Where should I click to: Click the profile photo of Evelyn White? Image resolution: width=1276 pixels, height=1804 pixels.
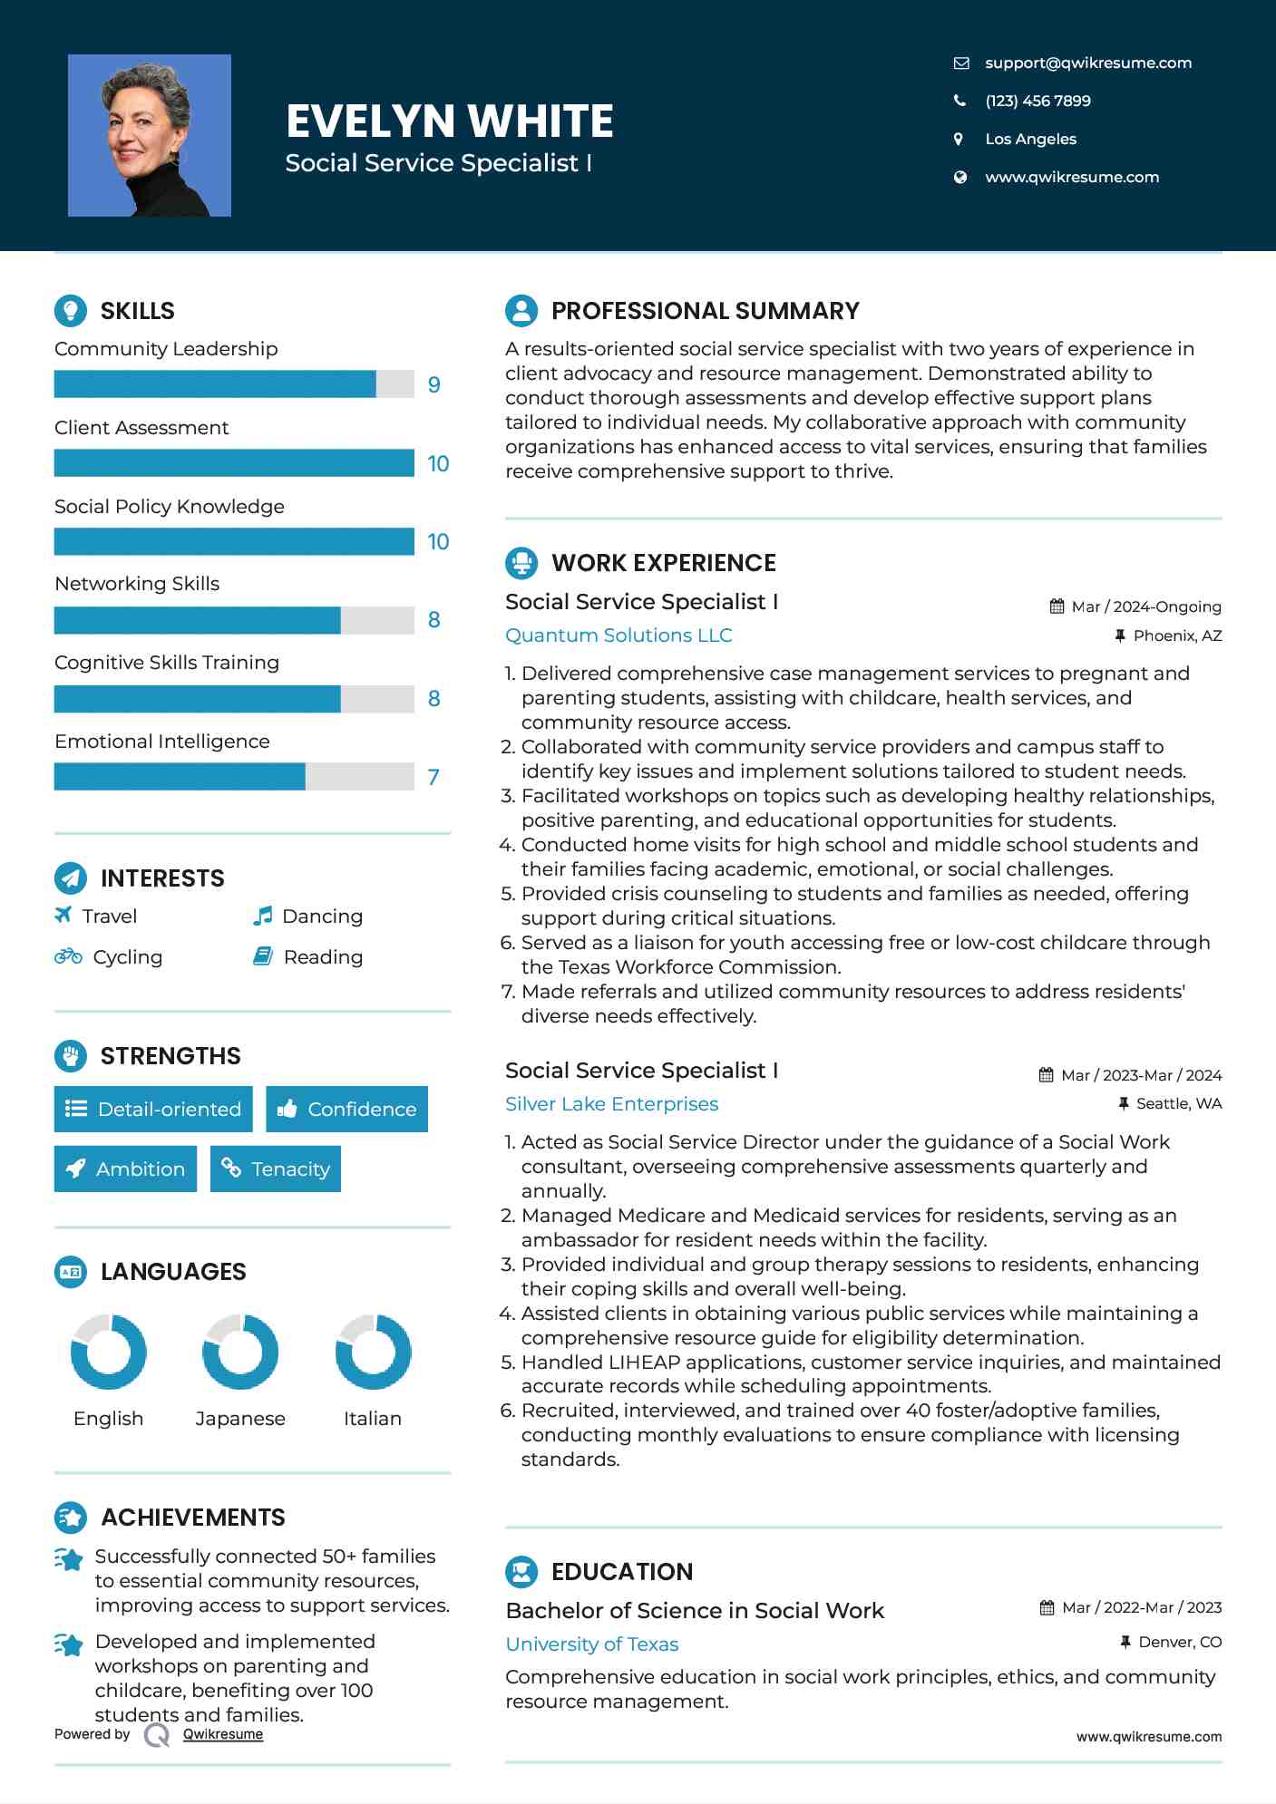point(149,135)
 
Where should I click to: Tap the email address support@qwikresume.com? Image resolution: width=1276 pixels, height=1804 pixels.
point(1087,63)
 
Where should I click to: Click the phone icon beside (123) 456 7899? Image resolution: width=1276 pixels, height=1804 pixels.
point(959,101)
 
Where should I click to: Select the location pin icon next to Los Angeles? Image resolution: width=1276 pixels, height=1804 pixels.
point(959,139)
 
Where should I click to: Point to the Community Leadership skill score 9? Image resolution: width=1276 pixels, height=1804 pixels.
point(433,384)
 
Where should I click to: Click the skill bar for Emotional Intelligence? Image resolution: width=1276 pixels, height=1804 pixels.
point(234,777)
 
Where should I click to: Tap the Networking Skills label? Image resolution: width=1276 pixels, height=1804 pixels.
point(137,584)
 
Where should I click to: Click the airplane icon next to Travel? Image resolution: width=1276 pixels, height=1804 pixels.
point(63,915)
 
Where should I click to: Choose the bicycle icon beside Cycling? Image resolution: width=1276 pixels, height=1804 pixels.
point(68,956)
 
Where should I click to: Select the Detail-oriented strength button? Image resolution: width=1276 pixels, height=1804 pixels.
point(153,1109)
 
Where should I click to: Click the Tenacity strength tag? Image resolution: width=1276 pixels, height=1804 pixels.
point(276,1169)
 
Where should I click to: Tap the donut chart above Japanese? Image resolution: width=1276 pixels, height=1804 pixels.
point(240,1352)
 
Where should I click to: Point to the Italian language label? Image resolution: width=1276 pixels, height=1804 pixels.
point(372,1419)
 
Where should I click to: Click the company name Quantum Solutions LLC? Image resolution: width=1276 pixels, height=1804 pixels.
point(619,635)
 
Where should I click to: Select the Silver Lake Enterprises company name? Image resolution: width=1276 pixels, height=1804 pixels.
point(611,1104)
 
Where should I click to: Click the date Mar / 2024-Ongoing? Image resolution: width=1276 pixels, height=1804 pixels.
point(1146,606)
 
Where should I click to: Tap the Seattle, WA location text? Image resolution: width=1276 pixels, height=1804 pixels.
point(1178,1103)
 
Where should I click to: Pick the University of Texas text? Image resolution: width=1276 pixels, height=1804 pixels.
point(591,1644)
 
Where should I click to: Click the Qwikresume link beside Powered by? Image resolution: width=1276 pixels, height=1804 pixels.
point(223,1734)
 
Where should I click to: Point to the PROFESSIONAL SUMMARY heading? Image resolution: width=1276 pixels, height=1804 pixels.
point(705,311)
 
